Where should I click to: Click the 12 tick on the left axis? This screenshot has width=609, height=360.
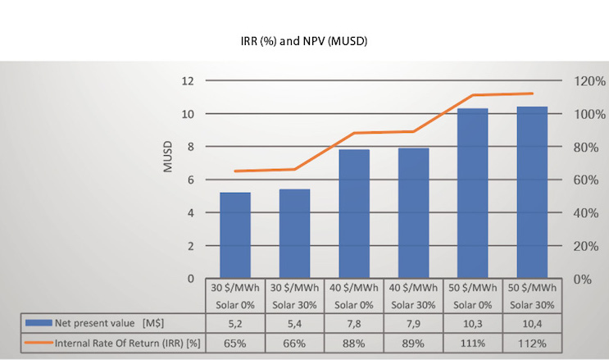(188, 81)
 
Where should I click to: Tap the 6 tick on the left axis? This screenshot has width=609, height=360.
(190, 180)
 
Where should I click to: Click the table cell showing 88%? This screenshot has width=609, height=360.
(354, 343)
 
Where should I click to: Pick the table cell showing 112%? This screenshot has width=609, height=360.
(532, 343)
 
